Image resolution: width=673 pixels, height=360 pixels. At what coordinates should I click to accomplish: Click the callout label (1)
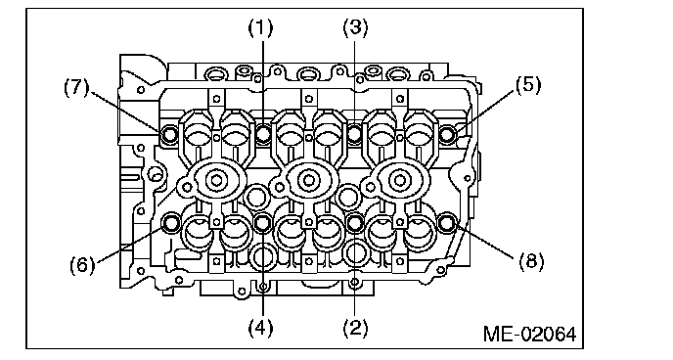click(x=260, y=28)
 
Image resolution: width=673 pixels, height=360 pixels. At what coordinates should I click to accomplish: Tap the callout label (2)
click(x=355, y=329)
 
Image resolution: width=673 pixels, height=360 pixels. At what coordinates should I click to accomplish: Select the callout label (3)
click(x=355, y=28)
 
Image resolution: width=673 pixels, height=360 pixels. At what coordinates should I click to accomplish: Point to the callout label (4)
click(x=260, y=329)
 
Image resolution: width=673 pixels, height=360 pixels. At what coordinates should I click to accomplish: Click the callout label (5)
click(x=528, y=85)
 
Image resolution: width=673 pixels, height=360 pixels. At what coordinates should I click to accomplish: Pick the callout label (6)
click(x=82, y=265)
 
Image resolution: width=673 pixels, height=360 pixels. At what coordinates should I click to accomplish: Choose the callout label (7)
click(x=76, y=88)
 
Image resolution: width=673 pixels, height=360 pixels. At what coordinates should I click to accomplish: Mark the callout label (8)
click(x=531, y=261)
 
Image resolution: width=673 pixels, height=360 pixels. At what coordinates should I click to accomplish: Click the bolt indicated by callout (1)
click(x=263, y=133)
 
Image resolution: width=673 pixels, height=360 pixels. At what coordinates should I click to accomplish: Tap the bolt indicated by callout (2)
click(x=355, y=223)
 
